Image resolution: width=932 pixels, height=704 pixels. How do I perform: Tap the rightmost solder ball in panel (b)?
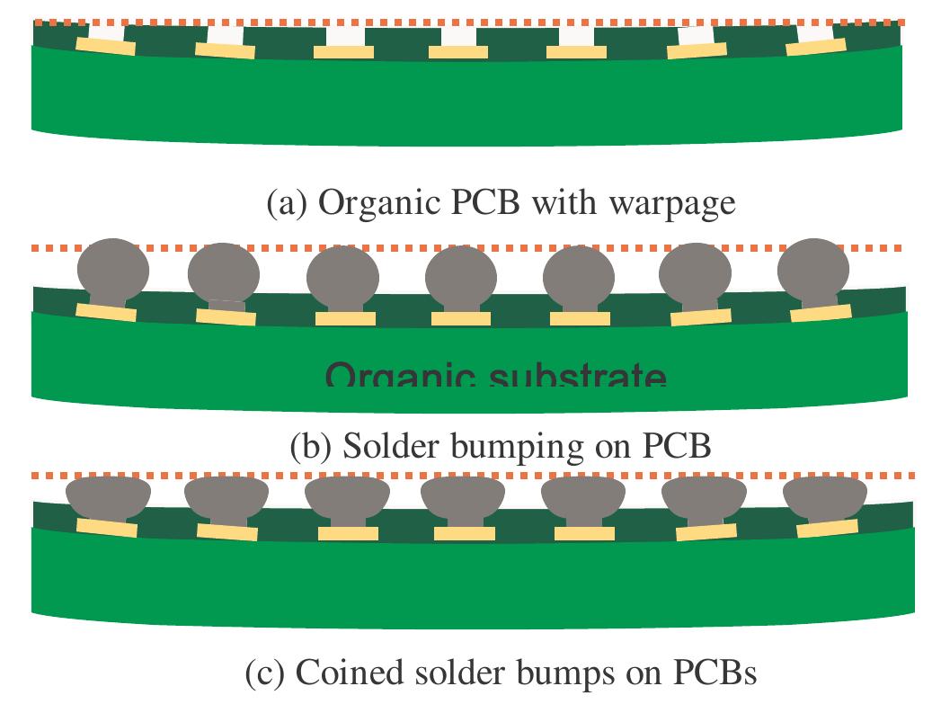(x=812, y=267)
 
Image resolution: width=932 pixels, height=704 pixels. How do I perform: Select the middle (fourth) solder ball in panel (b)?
(x=460, y=274)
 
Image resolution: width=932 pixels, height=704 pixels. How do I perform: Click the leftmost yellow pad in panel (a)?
(x=105, y=46)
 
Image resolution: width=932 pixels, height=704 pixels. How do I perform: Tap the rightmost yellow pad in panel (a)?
(x=816, y=46)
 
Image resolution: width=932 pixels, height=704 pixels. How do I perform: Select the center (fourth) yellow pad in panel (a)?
(x=458, y=52)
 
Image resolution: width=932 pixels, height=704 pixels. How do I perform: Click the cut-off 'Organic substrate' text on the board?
(x=495, y=376)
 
